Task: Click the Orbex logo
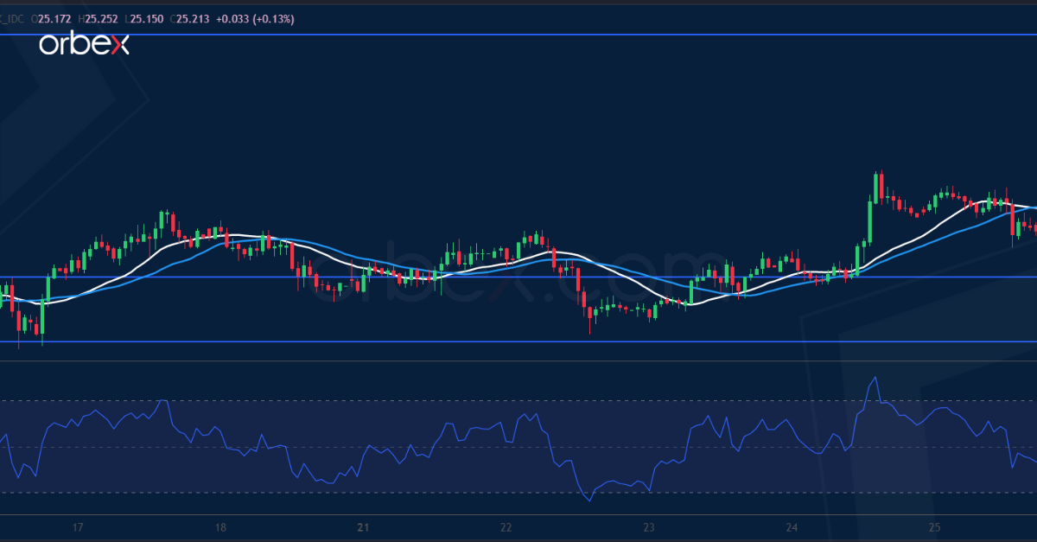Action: (84, 45)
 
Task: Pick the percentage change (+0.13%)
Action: (272, 18)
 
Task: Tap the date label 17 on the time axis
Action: (78, 527)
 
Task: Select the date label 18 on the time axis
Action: (220, 527)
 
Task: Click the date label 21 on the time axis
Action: (364, 527)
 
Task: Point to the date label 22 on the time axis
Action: (506, 527)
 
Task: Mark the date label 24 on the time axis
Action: (792, 527)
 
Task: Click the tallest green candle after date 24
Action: (869, 221)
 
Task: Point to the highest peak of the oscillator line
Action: (876, 378)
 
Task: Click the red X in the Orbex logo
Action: (118, 46)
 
